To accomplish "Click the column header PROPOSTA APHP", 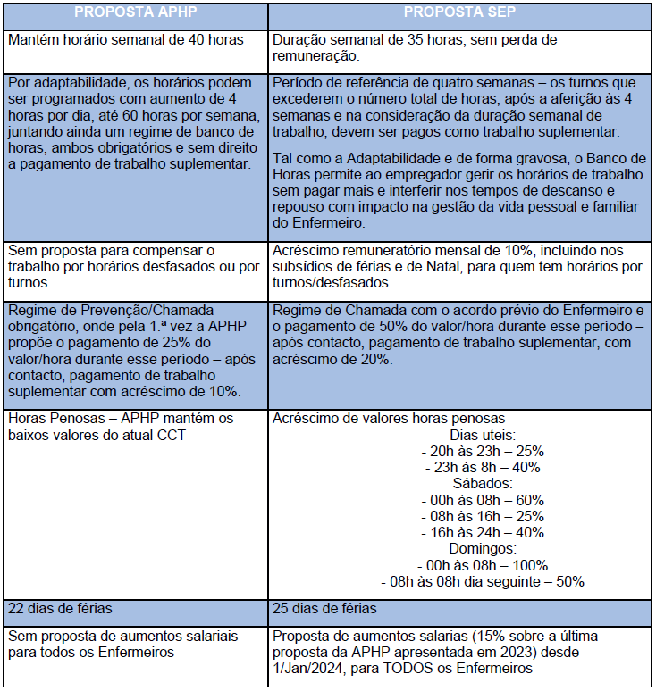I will (135, 12).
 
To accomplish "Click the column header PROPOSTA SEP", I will (460, 12).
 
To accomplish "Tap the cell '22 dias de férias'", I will (60, 609).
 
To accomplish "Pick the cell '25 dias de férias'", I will (324, 609).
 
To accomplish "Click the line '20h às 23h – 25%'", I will (482, 451).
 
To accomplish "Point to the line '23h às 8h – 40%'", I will (482, 467).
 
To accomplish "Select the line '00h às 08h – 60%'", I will (482, 500).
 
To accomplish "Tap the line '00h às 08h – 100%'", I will (482, 565).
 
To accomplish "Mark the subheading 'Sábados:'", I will (482, 484).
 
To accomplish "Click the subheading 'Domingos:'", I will (482, 549).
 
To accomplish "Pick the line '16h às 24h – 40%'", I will (482, 533).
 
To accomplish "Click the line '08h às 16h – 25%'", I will (482, 516).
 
